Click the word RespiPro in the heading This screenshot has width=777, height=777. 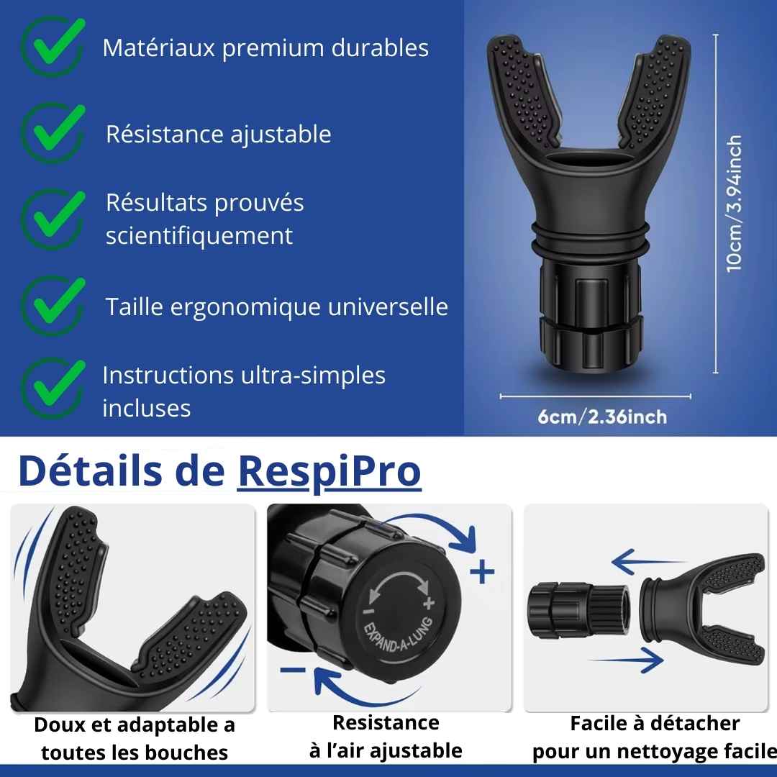329,472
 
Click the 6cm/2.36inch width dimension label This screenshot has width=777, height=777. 602,417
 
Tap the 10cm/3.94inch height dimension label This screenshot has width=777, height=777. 734,203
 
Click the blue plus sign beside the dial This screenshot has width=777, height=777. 482,573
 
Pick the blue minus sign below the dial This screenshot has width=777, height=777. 293,671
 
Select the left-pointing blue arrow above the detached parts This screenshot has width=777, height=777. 648,562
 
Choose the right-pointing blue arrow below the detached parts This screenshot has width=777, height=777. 627,660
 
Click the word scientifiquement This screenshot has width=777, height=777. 199,236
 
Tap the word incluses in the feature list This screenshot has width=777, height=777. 147,409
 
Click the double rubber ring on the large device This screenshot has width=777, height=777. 590,237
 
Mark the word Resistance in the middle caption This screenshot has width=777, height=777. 386,722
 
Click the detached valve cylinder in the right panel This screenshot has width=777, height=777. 578,610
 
